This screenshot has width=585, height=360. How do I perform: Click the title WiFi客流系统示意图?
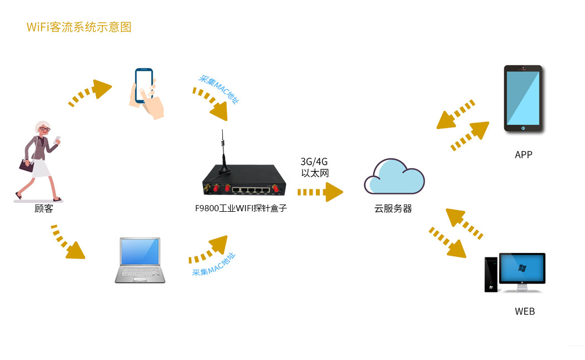(79, 27)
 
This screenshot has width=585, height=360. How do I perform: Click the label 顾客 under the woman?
(44, 209)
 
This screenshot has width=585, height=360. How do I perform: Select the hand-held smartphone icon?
(146, 93)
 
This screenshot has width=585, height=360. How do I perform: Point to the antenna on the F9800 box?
(224, 153)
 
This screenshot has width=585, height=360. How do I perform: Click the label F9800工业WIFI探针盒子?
(241, 209)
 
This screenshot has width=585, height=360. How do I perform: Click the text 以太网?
(315, 173)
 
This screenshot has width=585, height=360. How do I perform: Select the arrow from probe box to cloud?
(320, 192)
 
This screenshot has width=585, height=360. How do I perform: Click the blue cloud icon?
(394, 177)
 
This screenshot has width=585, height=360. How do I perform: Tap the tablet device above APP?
(523, 99)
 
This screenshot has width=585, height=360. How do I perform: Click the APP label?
(524, 154)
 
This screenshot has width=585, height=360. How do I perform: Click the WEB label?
(524, 312)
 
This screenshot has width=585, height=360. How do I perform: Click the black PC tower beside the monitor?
(491, 274)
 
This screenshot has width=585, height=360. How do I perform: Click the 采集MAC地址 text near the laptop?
(214, 265)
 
